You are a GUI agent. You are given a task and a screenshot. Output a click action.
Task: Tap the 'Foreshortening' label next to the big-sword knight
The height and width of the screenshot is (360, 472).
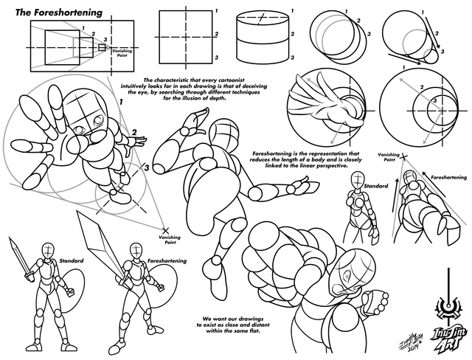[x=167, y=260]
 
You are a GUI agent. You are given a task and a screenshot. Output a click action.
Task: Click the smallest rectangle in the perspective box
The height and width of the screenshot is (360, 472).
[x=102, y=48]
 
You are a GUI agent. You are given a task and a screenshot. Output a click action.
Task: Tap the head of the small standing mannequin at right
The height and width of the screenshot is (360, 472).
[x=357, y=179]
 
